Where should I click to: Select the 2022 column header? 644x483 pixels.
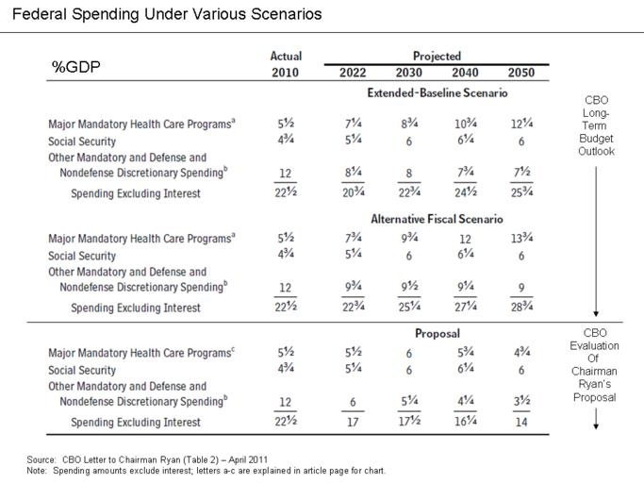pyautogui.click(x=354, y=74)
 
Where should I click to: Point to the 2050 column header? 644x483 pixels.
pyautogui.click(x=521, y=74)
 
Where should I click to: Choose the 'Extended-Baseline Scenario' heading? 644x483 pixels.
pyautogui.click(x=438, y=94)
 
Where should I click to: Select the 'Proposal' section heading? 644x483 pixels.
pyautogui.click(x=437, y=334)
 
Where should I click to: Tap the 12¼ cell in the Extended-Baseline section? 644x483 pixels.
pyautogui.click(x=521, y=124)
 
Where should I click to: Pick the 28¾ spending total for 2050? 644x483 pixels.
pyautogui.click(x=521, y=308)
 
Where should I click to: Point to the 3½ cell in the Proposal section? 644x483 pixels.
pyautogui.click(x=521, y=402)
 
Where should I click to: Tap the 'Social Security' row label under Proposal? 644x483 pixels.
pyautogui.click(x=83, y=371)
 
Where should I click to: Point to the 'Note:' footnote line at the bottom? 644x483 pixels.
pyautogui.click(x=206, y=471)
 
